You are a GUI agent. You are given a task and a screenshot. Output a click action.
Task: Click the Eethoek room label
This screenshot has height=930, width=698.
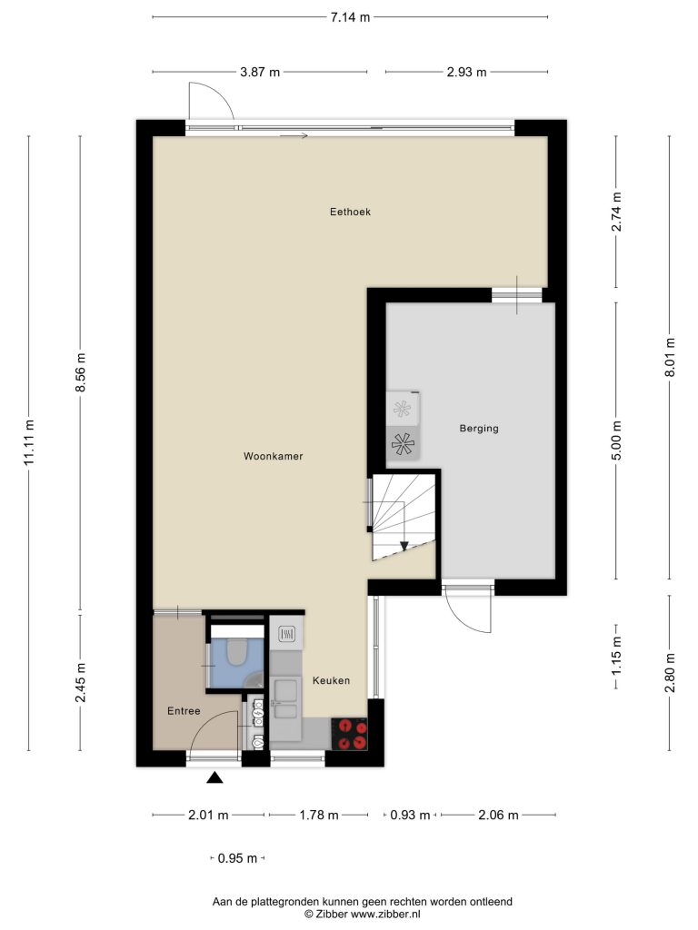click(x=350, y=212)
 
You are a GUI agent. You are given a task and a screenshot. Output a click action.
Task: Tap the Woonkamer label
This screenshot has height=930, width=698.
click(x=273, y=456)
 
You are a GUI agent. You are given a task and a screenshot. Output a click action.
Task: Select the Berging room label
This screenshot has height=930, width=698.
click(x=479, y=429)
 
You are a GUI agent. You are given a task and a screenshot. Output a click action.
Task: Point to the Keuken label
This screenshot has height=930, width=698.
click(x=331, y=680)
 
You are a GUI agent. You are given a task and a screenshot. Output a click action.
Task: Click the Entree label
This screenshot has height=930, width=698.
click(x=184, y=710)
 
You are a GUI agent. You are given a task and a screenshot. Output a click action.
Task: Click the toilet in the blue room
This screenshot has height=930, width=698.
click(x=238, y=650)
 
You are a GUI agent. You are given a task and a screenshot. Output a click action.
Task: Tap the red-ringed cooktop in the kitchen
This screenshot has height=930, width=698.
click(x=349, y=734)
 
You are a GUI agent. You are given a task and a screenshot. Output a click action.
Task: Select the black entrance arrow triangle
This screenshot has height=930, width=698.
click(x=214, y=777)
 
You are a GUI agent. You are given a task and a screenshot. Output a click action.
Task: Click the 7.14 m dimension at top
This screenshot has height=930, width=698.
click(x=350, y=17)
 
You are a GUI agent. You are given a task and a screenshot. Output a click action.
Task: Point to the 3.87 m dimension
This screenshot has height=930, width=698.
click(x=259, y=73)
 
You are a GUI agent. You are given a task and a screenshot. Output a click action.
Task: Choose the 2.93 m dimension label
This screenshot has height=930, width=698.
click(x=466, y=73)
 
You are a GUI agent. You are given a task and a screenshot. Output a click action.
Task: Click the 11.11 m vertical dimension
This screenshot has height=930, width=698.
click(x=29, y=442)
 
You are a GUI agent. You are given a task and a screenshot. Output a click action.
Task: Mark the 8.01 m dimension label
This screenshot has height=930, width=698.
click(x=670, y=357)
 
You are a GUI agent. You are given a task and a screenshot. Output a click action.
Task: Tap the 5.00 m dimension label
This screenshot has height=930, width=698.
click(x=616, y=440)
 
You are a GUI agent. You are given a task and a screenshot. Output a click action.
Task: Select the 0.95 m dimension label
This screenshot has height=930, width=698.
click(x=237, y=858)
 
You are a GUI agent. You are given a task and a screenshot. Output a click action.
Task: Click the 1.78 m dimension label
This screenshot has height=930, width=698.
click(x=318, y=815)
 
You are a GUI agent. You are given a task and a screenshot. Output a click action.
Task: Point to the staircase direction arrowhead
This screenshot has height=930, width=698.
click(x=404, y=546)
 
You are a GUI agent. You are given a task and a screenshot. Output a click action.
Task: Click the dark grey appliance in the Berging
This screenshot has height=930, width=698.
click(x=403, y=443)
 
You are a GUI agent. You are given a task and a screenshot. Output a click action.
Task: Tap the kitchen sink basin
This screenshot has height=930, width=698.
click(x=285, y=691)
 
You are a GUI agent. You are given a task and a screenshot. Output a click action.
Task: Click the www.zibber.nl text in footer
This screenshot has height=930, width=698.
click(x=385, y=914)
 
